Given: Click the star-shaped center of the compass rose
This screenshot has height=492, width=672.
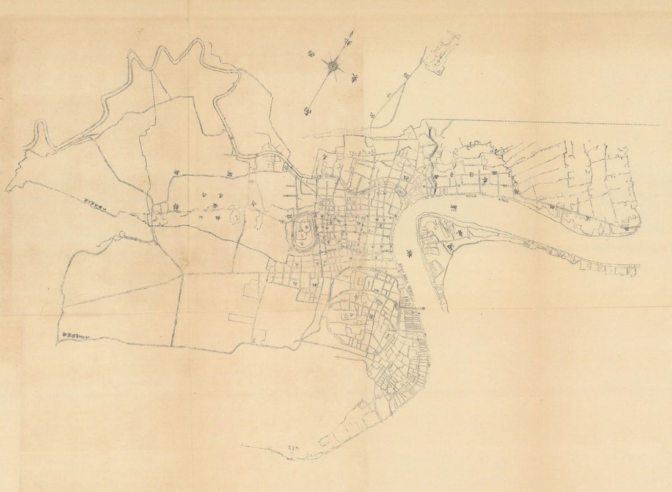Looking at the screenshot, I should (x=333, y=65).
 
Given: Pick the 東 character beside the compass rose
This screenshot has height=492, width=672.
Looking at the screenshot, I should (x=353, y=78).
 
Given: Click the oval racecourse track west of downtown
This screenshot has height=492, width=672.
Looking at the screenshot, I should (x=304, y=233).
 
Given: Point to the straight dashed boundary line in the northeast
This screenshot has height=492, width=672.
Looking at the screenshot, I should (x=550, y=122).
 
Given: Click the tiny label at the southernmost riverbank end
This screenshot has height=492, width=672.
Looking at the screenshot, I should (x=292, y=450).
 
